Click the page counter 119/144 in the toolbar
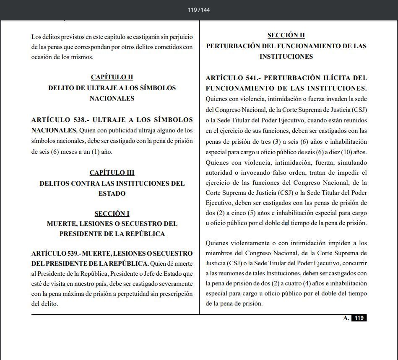click(199, 10)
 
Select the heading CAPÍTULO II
click(112, 77)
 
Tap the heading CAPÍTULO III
click(112, 173)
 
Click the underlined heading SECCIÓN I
click(112, 214)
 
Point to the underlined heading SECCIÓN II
click(286, 35)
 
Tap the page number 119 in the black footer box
click(359, 318)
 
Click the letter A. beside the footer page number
click(346, 318)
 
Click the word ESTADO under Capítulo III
click(112, 194)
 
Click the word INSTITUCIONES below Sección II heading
click(286, 57)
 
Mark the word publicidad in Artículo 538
click(110, 130)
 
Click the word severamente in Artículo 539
click(172, 284)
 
